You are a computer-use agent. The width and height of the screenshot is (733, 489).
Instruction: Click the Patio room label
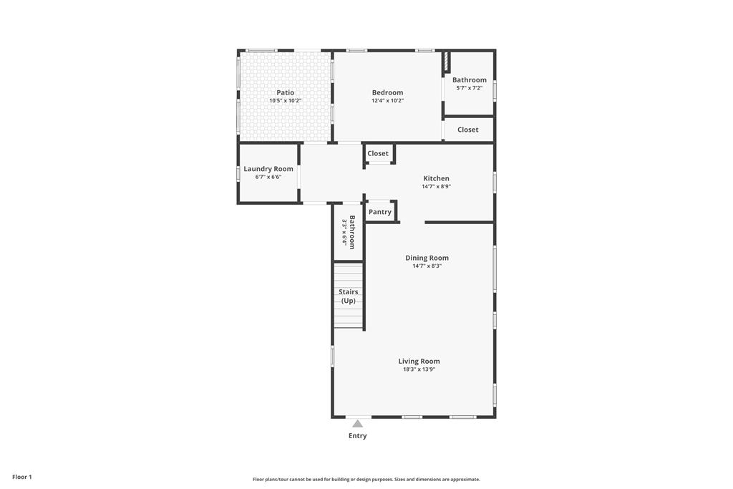coord(285,92)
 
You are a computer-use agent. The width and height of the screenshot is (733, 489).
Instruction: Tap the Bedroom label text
coord(387,92)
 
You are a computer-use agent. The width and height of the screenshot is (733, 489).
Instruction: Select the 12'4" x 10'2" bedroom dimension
coord(387,100)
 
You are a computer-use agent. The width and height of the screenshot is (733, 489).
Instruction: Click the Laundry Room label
coord(268,169)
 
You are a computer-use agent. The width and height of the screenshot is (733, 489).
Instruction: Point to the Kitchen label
coord(436,178)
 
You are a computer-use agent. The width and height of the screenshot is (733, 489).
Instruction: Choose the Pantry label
coord(380,212)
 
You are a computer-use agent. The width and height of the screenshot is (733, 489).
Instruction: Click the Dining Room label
coord(427,258)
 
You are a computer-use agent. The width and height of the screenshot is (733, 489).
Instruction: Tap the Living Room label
coord(419,361)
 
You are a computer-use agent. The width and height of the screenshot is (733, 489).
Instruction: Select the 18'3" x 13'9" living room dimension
coord(419,369)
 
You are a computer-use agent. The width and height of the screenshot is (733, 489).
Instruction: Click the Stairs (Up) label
coord(349,296)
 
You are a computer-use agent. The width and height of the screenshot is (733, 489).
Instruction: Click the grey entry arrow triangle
coord(358,424)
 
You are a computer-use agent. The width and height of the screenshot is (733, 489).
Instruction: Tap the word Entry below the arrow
coord(358,436)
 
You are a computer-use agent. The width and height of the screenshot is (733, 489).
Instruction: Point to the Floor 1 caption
coord(22,478)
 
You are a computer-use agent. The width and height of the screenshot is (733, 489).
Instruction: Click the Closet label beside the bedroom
coord(468,130)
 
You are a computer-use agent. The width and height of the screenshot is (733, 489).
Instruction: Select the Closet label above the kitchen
coord(378,153)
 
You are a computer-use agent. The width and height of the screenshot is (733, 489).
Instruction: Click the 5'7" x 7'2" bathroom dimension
coord(470,88)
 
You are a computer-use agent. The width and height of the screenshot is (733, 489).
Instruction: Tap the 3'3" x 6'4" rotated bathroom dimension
coord(344,233)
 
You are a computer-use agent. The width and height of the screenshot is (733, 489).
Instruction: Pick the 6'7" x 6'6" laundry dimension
coord(268,177)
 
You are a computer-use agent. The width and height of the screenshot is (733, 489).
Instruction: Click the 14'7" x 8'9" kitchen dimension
coord(436,187)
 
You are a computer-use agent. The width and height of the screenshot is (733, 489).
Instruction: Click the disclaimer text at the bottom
coord(366,479)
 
